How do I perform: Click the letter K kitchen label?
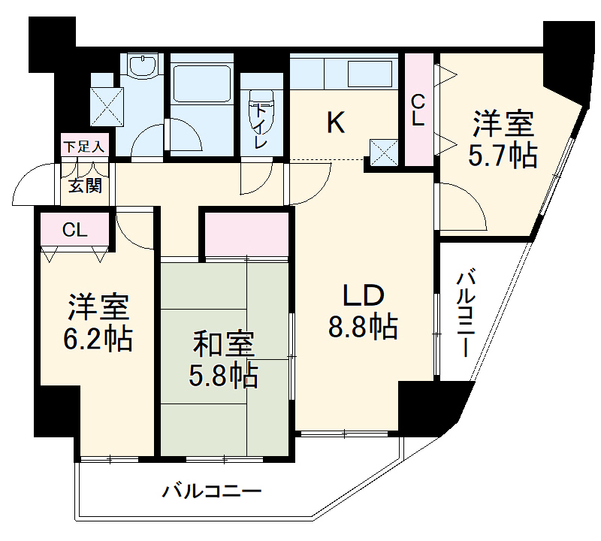click(335, 122)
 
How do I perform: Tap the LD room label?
click(364, 295)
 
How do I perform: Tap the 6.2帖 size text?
click(98, 340)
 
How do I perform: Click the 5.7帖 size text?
click(503, 155)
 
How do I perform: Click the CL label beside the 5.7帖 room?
click(418, 109)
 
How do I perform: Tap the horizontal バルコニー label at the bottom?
click(212, 492)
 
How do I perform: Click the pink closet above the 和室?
click(247, 234)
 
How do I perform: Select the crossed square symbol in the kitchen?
click(384, 153)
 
